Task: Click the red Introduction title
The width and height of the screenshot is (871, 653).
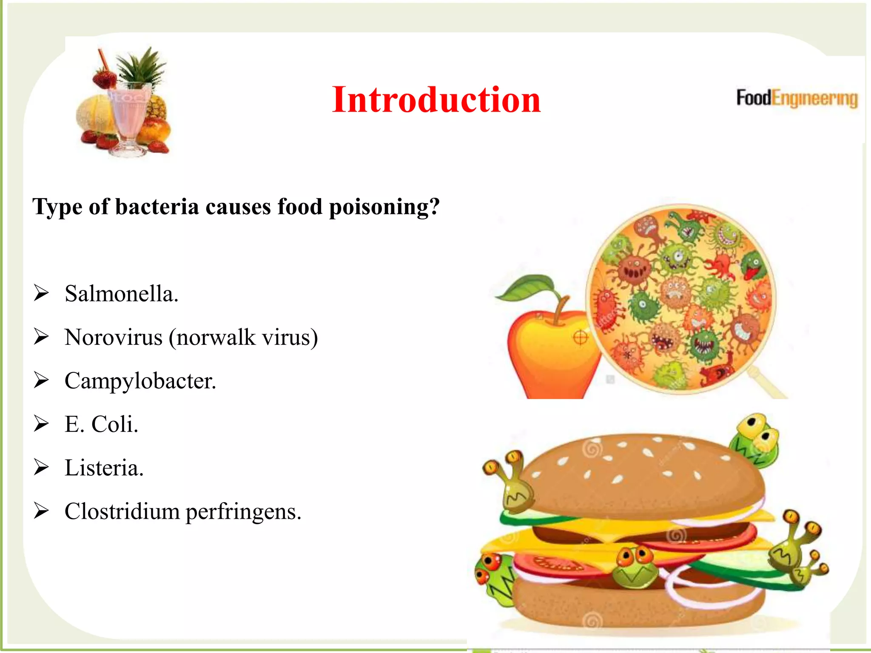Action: point(436,100)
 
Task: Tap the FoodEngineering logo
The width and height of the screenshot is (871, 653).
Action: point(797,98)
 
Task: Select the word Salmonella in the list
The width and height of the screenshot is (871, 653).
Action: point(121,294)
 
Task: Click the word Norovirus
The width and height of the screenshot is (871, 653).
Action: point(114,338)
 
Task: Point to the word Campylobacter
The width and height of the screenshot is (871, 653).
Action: point(140,381)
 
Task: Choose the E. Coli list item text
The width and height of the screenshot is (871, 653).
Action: point(101,424)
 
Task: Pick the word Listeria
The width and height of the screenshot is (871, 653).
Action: point(104,468)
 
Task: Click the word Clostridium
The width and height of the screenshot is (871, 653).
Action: point(122,511)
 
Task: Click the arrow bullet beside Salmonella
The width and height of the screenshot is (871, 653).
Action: point(42,293)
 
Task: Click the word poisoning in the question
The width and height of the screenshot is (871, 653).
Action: point(384,207)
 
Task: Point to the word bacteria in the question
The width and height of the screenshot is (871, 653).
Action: point(157,207)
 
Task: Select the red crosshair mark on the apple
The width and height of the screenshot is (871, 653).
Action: point(581,338)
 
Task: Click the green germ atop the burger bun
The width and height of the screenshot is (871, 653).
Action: point(754,440)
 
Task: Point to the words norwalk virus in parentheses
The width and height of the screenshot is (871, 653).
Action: point(243,338)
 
